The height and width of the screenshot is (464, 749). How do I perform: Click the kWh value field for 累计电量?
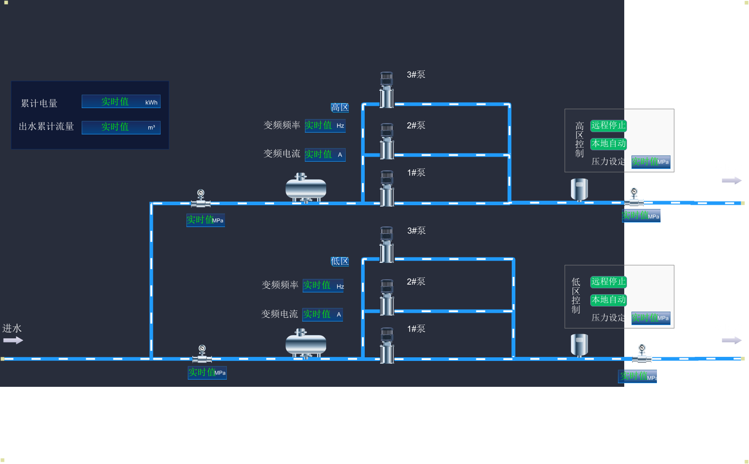121,102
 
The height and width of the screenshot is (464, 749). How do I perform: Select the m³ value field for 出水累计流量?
121,127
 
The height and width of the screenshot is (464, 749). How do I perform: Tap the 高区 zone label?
340,108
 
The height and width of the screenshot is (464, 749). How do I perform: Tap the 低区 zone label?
340,262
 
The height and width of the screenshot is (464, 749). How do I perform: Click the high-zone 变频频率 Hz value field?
325,126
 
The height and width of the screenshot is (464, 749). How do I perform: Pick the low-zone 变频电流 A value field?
323,315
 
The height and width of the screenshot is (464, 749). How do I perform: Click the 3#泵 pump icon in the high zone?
387,89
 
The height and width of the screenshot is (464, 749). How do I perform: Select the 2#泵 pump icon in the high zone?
387,141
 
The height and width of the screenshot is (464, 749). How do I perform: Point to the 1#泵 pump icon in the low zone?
387,345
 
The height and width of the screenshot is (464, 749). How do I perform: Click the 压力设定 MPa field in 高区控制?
651,162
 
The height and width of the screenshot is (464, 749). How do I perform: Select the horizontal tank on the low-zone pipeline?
306,344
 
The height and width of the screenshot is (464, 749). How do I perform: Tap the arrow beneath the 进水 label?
13,341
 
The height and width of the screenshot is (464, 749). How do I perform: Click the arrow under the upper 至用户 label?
731,181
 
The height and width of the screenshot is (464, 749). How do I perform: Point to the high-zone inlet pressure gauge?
201,198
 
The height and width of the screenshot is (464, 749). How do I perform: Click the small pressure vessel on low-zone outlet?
579,345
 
